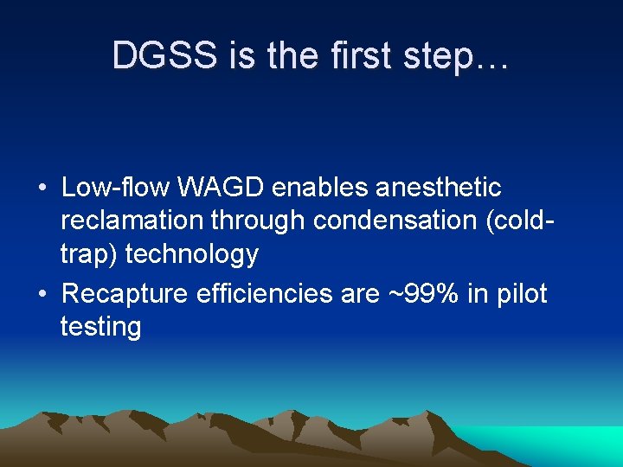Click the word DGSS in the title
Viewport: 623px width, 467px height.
[164, 57]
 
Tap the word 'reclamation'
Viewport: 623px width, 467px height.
[132, 221]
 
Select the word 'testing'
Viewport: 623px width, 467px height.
[100, 328]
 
